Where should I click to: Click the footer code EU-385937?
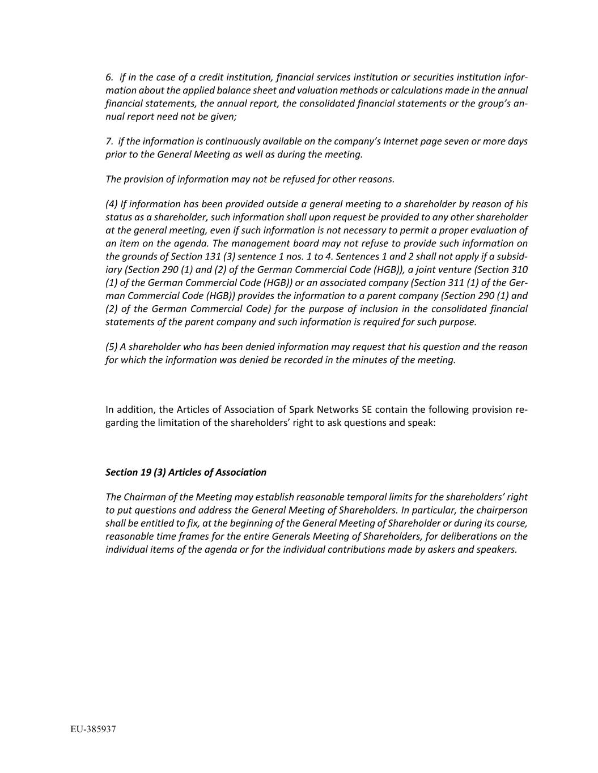tap(93, 729)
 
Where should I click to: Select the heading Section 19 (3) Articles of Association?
tap(186, 472)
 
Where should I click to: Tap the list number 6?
tap(109, 77)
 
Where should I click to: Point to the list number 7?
tap(109, 141)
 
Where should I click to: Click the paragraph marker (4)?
tap(112, 204)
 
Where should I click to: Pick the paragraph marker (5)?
tap(112, 347)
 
